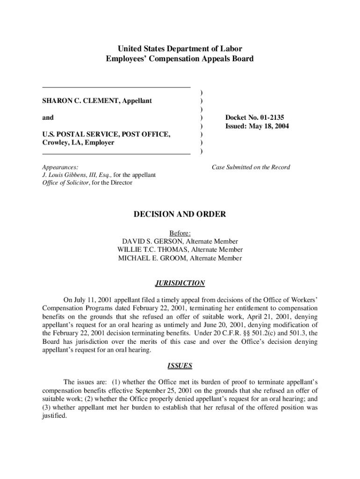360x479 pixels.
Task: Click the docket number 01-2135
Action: tap(268, 118)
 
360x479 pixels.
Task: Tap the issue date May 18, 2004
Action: tap(269, 126)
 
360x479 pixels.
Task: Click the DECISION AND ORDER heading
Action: tap(180, 215)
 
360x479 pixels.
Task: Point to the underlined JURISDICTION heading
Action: tap(180, 283)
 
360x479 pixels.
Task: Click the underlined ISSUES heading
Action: tap(180, 366)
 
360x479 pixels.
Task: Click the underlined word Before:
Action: tap(180, 233)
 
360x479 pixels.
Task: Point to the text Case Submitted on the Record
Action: tap(251, 167)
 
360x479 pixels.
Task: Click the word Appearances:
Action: tap(60, 167)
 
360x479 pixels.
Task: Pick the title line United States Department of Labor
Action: tap(180, 49)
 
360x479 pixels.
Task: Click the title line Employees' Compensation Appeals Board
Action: tap(180, 59)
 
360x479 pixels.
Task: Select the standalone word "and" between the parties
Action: tap(48, 118)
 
